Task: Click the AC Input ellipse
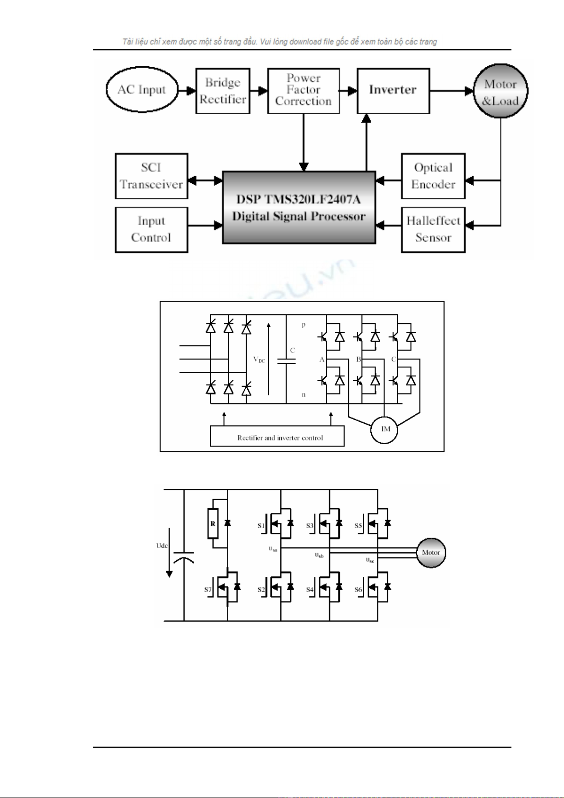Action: tap(142, 90)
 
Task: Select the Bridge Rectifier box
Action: tap(223, 91)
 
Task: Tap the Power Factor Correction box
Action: tap(304, 90)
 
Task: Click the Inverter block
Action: tap(393, 90)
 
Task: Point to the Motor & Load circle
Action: tap(501, 91)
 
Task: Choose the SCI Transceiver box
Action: tap(152, 176)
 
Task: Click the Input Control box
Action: tap(152, 230)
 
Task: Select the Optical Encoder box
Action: tap(433, 176)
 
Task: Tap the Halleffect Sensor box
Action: tap(433, 230)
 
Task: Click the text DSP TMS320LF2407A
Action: tap(298, 199)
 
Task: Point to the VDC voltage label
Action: tap(259, 359)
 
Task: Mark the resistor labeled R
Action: tap(213, 524)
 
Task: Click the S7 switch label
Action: tap(208, 590)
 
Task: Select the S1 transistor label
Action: tap(261, 526)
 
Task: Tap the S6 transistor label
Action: tap(358, 590)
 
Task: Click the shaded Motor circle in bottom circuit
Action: tap(431, 552)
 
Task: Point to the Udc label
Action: tap(162, 546)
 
